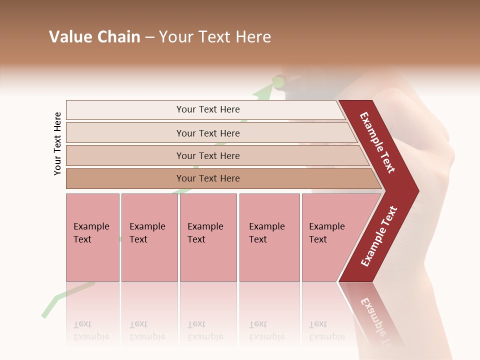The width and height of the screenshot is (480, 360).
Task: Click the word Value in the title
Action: click(69, 37)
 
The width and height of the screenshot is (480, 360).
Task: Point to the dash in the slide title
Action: click(149, 37)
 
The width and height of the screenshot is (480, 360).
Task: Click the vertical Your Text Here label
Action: click(57, 143)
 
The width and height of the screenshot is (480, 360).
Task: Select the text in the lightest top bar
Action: click(208, 109)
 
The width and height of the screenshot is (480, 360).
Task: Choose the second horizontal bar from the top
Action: click(208, 133)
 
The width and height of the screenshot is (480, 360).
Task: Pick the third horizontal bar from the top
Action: click(208, 156)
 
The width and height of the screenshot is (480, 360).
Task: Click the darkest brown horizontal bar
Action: click(208, 178)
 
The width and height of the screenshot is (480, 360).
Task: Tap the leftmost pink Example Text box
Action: click(92, 237)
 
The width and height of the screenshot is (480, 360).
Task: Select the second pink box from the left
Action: click(149, 237)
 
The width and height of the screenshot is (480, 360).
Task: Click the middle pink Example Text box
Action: click(208, 237)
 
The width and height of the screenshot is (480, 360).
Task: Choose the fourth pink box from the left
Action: click(269, 237)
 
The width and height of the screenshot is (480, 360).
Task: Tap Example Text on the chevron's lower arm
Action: click(379, 236)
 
